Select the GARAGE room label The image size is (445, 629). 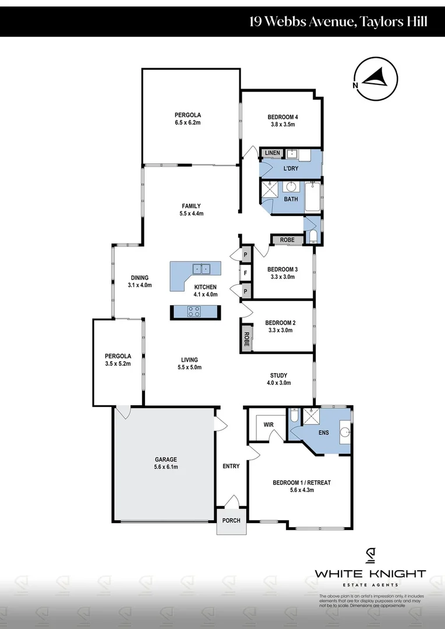click(166, 459)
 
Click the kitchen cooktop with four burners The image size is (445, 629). click(195, 312)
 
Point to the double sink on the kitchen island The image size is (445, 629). click(202, 269)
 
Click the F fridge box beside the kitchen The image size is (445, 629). click(246, 273)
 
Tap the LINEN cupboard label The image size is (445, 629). click(272, 153)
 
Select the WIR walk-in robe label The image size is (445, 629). click(269, 425)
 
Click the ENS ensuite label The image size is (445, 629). click(324, 433)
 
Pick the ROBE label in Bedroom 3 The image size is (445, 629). click(287, 240)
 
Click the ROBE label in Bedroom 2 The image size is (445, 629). click(246, 340)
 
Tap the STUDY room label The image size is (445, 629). click(279, 375)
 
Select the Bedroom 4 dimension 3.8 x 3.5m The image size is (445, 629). click(282, 125)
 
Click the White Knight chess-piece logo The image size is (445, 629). click(370, 556)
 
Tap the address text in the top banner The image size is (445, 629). click(338, 22)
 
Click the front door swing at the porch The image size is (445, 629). click(232, 501)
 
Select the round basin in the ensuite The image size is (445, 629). click(344, 432)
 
